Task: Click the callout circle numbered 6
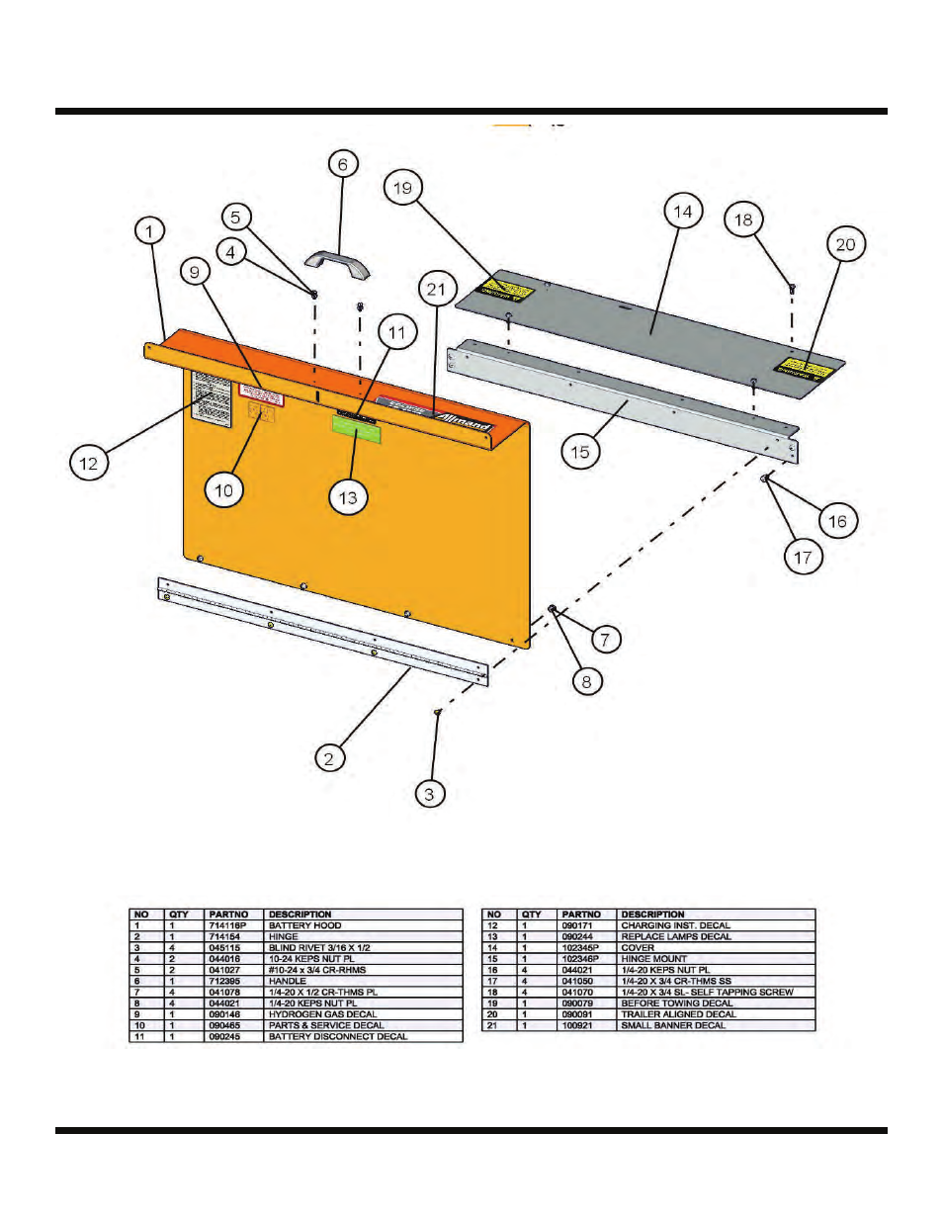pyautogui.click(x=342, y=164)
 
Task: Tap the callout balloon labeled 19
pyautogui.click(x=402, y=188)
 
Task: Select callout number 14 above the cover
pyautogui.click(x=683, y=212)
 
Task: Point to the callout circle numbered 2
pyautogui.click(x=330, y=758)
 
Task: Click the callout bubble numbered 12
pyautogui.click(x=89, y=463)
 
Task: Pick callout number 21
pyautogui.click(x=436, y=290)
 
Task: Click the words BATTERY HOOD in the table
pyautogui.click(x=304, y=926)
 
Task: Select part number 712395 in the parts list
pyautogui.click(x=224, y=981)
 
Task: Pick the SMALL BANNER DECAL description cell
pyautogui.click(x=672, y=1025)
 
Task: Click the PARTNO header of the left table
pyautogui.click(x=228, y=915)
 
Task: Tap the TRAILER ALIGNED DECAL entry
pyautogui.click(x=678, y=1014)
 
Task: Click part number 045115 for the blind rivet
pyautogui.click(x=224, y=948)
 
